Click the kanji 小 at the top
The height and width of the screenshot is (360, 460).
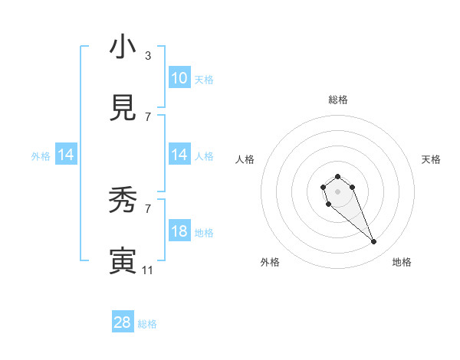[123, 47]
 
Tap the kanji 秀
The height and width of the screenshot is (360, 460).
[123, 200]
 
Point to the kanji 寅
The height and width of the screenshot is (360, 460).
[123, 260]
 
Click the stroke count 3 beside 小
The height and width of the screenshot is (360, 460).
[148, 56]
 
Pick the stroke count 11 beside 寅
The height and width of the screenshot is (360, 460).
[148, 270]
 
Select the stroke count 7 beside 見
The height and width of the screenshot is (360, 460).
[148, 117]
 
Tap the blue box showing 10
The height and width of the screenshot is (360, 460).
[179, 78]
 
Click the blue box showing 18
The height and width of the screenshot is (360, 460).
[179, 231]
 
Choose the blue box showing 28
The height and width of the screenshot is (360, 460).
[123, 322]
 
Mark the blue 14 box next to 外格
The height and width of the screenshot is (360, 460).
[66, 155]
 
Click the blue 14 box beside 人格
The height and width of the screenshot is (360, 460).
[179, 155]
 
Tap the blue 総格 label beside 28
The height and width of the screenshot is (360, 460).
[147, 324]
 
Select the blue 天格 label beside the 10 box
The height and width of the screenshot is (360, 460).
[204, 79]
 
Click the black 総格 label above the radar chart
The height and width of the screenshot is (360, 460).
[337, 100]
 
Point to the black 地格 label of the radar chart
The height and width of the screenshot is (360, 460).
[402, 262]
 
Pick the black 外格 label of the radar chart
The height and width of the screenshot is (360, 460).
[270, 262]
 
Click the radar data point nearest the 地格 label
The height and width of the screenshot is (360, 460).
[374, 242]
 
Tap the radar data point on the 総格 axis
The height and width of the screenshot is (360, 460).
[337, 176]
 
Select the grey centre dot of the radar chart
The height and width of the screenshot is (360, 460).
[337, 191]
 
